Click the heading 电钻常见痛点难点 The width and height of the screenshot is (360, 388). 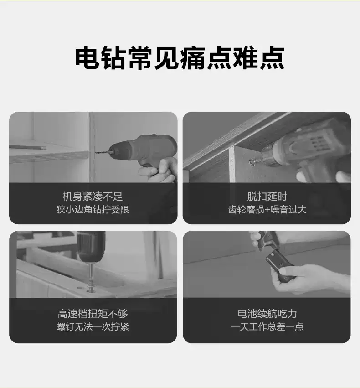pos(180,58)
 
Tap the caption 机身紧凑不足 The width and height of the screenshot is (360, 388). pos(93,197)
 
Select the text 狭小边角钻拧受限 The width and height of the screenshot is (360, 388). pos(93,210)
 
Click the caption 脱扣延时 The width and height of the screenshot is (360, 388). pos(267,197)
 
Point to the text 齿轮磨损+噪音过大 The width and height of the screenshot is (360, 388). pos(267,210)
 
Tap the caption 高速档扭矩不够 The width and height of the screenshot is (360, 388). pos(93,314)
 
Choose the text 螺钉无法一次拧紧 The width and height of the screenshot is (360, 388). pos(93,326)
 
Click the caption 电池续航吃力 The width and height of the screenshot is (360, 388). pos(267,314)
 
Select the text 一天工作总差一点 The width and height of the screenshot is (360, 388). pos(267,326)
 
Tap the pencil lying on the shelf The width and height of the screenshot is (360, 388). pos(27,147)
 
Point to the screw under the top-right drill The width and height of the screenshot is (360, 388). pos(252,161)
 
